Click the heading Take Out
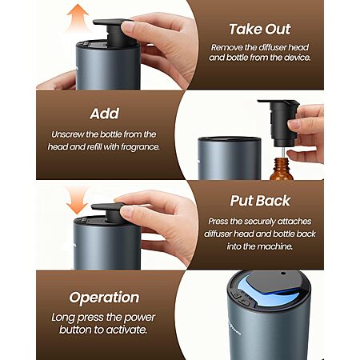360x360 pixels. (260, 29)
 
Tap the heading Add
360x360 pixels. (105, 114)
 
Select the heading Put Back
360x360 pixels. (260, 201)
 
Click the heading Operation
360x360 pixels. (104, 298)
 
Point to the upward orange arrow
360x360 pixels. (78, 18)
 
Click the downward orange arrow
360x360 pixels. (77, 200)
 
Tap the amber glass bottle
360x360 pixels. (282, 169)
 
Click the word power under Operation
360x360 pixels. (139, 318)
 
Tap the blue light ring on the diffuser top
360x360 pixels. (270, 294)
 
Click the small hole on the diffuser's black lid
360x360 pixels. (283, 274)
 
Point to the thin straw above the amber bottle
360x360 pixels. (282, 153)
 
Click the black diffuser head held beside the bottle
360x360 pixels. (279, 122)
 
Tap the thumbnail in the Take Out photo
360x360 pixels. (128, 27)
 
